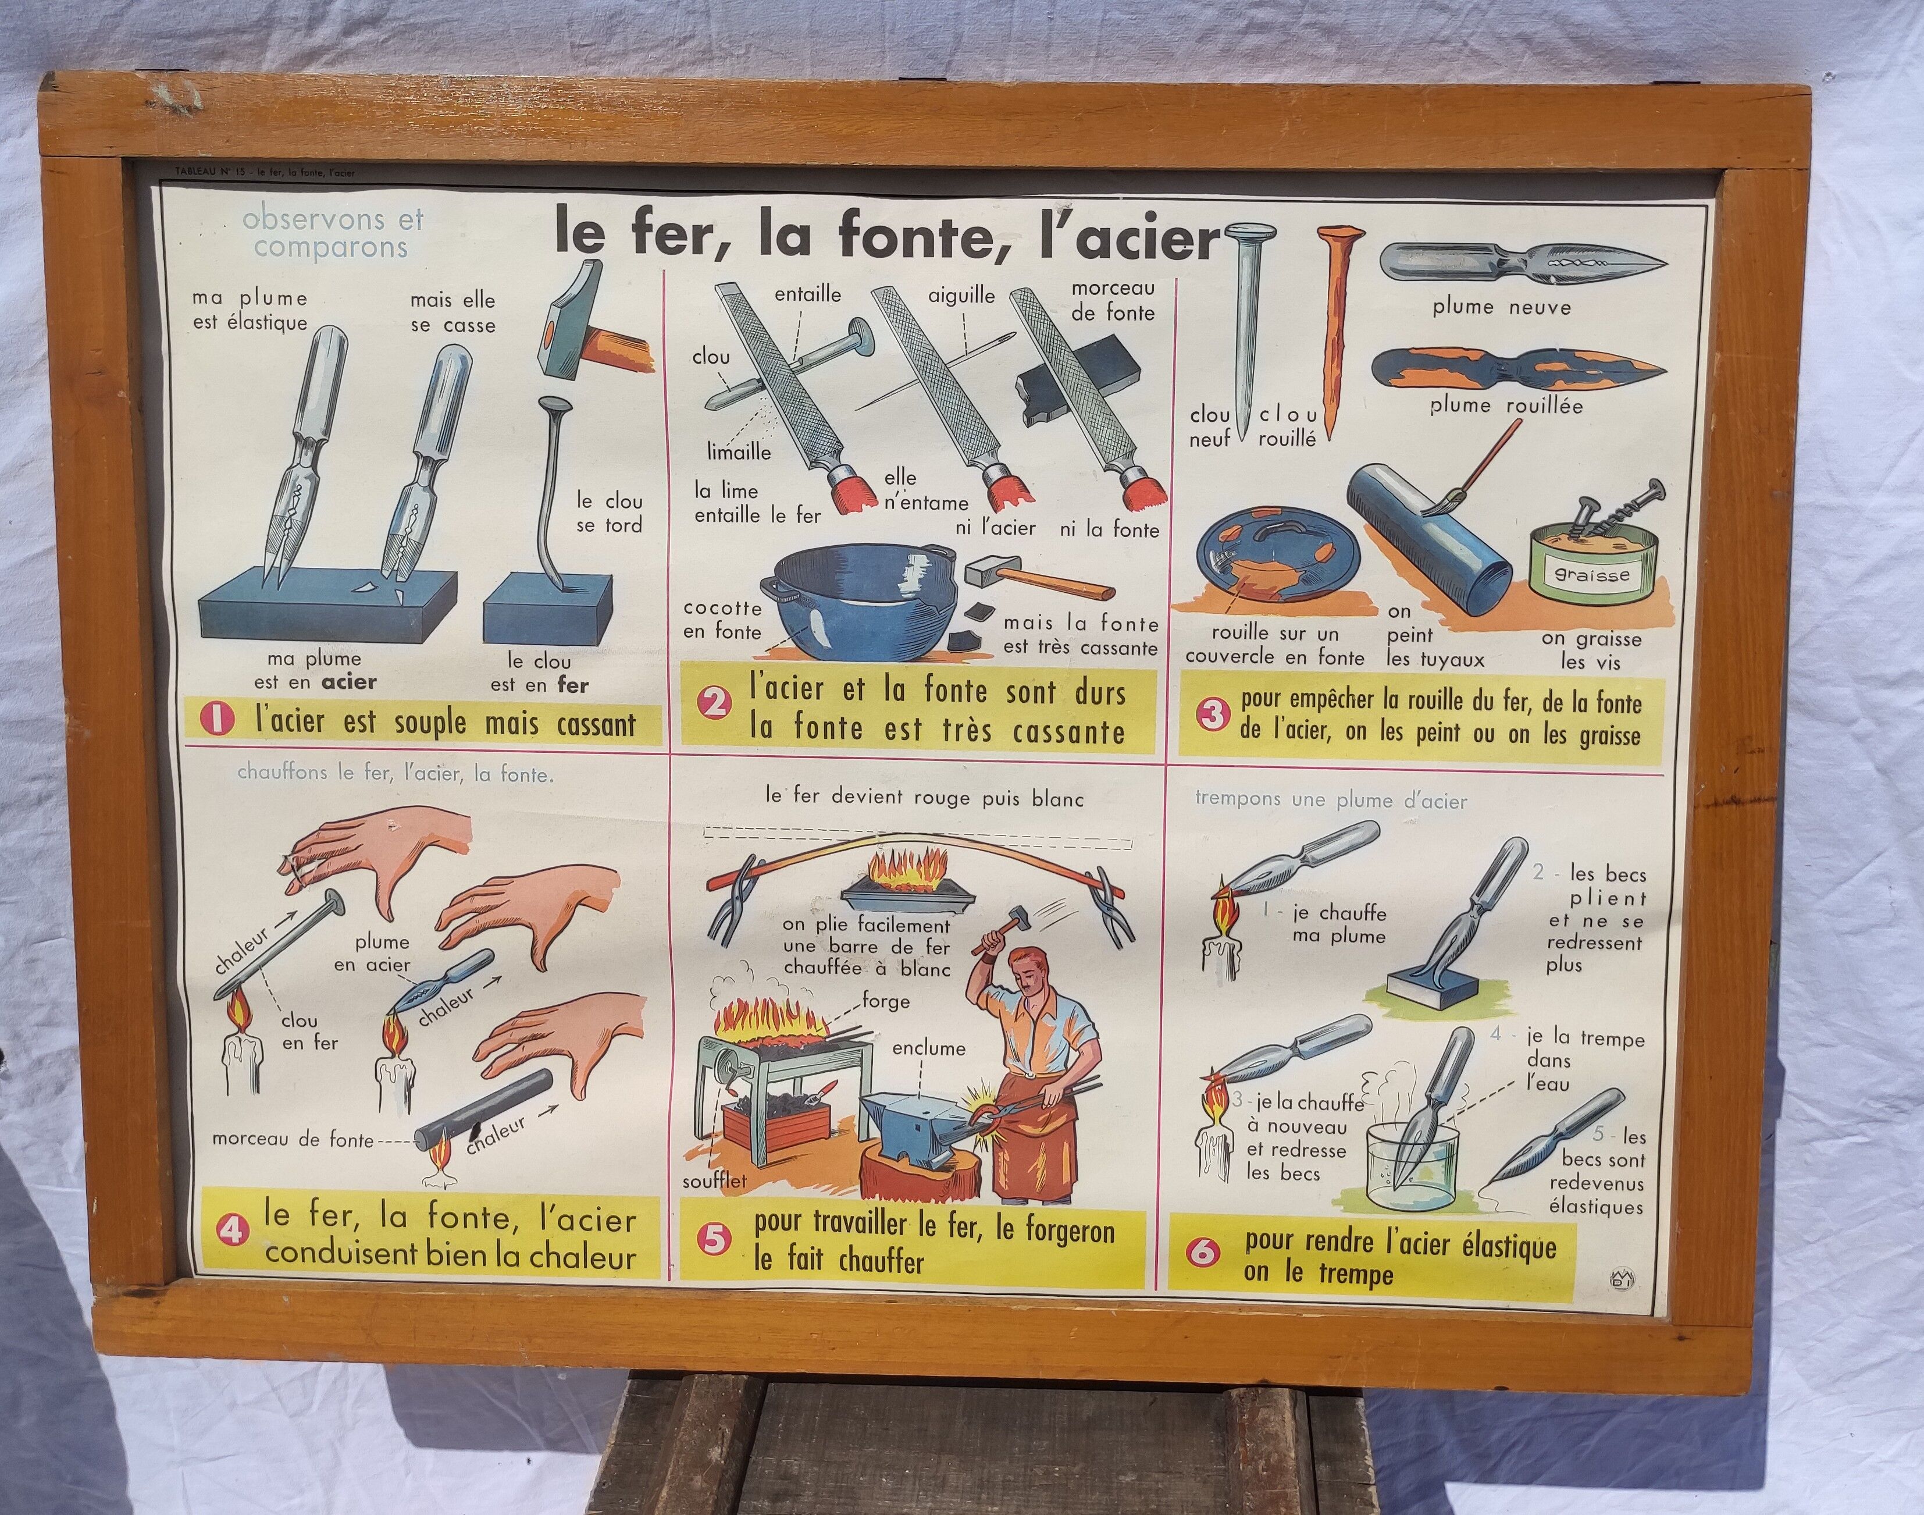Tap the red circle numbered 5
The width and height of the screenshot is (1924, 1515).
point(715,1240)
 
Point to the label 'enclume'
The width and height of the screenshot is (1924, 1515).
point(928,1048)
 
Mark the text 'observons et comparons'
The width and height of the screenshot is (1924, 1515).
point(333,232)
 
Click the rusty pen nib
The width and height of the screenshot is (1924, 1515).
point(1516,371)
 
